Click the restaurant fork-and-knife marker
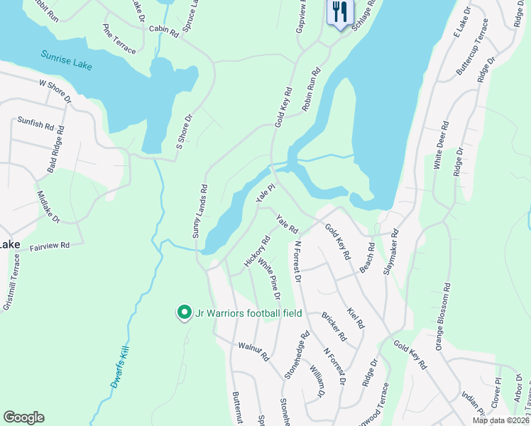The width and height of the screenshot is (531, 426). pyautogui.click(x=339, y=12)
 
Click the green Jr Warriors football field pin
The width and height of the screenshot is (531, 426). pyautogui.click(x=184, y=312)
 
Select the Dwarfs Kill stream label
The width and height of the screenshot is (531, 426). pyautogui.click(x=122, y=366)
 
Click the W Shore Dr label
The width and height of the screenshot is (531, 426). pyautogui.click(x=55, y=92)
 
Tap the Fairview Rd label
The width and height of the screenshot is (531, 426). pyautogui.click(x=50, y=246)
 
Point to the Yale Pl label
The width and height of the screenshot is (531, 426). pyautogui.click(x=265, y=191)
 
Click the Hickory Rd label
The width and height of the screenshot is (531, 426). pyautogui.click(x=257, y=251)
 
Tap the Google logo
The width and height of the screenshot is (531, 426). pyautogui.click(x=23, y=417)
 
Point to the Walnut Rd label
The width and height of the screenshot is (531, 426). pyautogui.click(x=253, y=352)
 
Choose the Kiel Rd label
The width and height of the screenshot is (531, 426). pyautogui.click(x=355, y=317)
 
